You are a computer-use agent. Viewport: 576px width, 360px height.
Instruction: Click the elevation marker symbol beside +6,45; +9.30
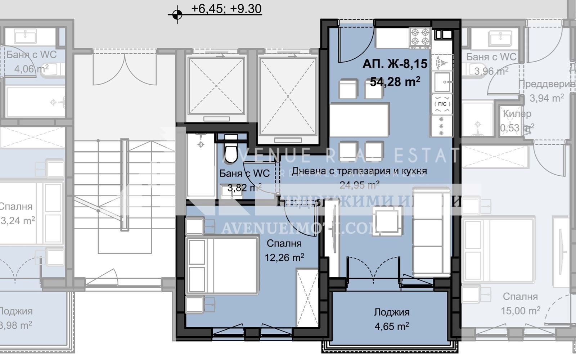click(177, 15)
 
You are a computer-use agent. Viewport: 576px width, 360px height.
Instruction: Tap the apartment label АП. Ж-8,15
click(395, 64)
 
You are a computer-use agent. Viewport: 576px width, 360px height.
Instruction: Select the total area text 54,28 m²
click(395, 82)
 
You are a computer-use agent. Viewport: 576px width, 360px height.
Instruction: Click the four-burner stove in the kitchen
click(420, 37)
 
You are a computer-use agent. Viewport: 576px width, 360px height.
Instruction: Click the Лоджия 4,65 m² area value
click(391, 327)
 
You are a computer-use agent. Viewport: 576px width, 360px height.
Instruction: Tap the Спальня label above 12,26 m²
click(284, 244)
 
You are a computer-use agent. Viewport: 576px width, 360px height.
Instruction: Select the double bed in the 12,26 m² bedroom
click(222, 265)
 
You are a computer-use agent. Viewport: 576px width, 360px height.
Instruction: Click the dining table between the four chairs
click(359, 120)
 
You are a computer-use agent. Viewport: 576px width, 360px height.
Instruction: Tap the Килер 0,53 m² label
click(517, 114)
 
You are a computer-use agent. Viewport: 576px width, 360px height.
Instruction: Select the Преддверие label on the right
click(546, 84)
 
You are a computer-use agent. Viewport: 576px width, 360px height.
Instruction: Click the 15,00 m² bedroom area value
click(520, 310)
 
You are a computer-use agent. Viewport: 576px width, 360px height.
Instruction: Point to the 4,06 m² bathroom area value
click(31, 68)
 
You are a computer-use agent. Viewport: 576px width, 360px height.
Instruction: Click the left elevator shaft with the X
click(216, 85)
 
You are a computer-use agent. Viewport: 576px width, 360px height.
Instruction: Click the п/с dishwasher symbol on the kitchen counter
click(442, 104)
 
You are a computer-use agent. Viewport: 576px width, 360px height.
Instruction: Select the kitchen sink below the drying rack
click(441, 82)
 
